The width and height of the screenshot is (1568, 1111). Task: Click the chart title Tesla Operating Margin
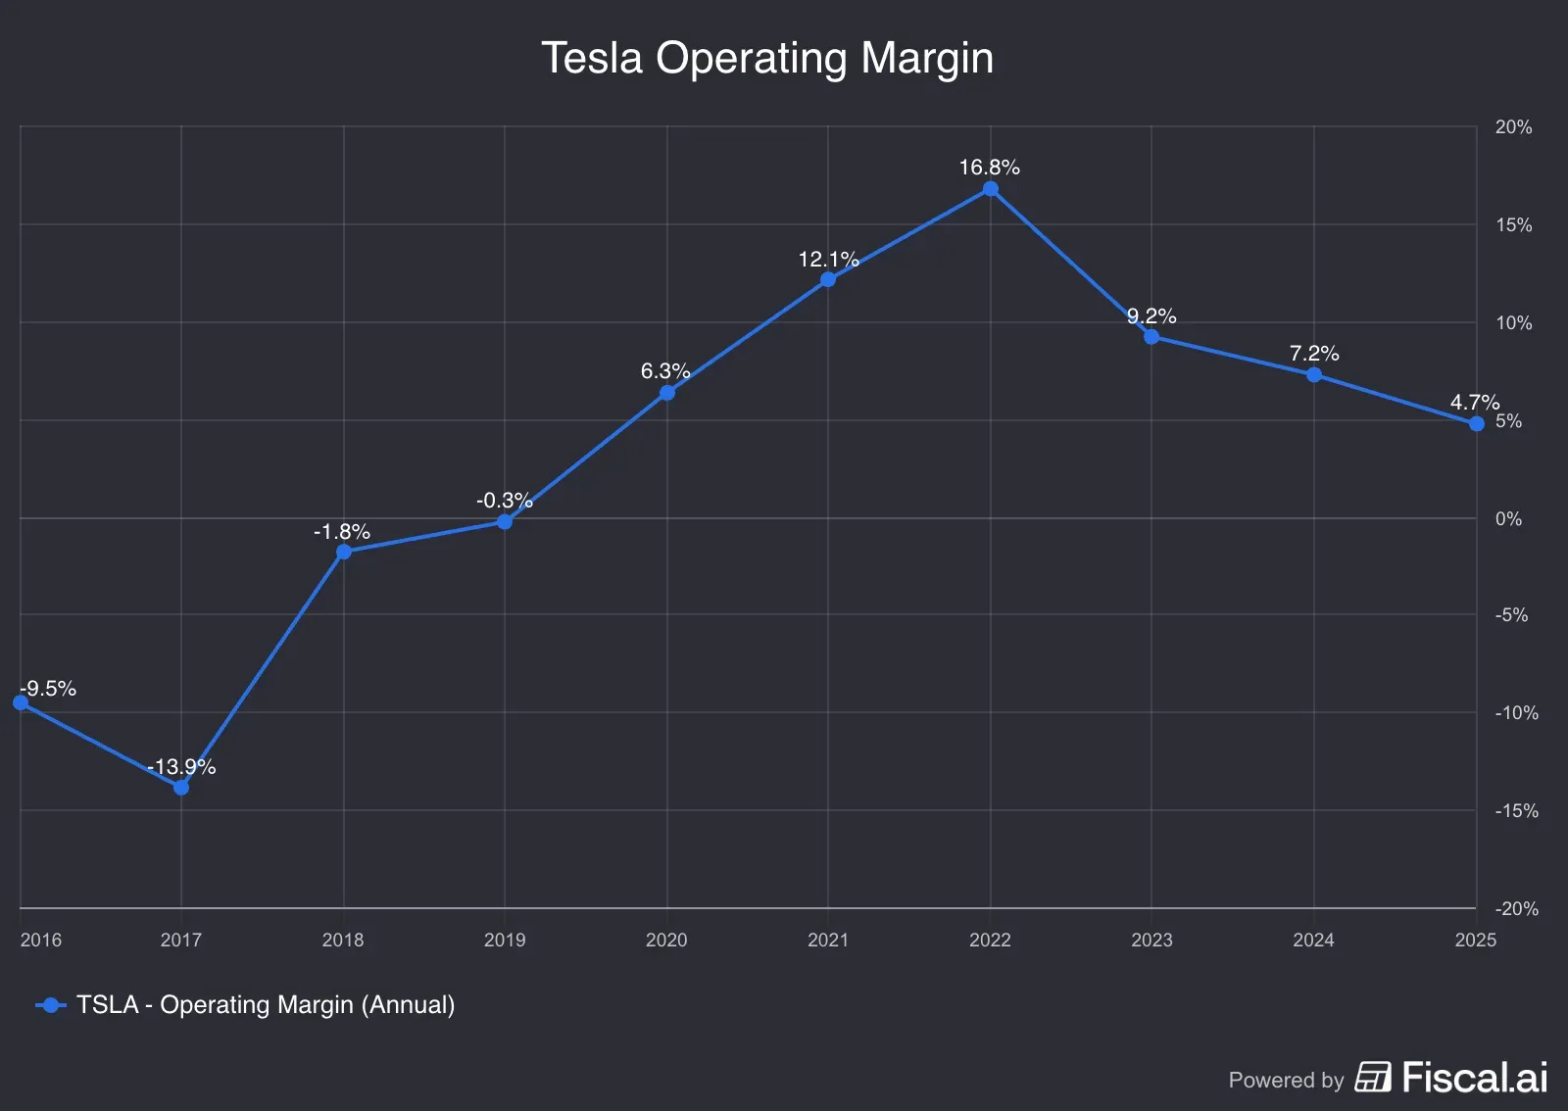coord(767,58)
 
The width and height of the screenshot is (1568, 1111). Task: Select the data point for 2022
coord(990,189)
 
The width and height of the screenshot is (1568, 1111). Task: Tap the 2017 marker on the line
coord(181,788)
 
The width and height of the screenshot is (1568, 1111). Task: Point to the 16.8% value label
coord(989,168)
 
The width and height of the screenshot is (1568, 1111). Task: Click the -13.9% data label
coord(181,767)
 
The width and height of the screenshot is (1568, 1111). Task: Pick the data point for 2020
coord(666,393)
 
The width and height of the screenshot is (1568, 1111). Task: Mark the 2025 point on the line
coord(1476,424)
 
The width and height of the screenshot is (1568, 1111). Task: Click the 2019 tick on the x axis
coord(505,940)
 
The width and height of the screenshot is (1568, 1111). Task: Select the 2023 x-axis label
coord(1151,940)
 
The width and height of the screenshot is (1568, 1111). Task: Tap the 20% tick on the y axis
coord(1513,127)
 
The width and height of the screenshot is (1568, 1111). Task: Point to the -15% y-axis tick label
coord(1516,810)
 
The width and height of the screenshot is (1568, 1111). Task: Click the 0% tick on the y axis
coord(1508,518)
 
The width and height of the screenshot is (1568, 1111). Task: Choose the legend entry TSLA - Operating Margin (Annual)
coord(265,1005)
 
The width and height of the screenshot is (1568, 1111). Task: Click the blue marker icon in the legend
coord(51,1005)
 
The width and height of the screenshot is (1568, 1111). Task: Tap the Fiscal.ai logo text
coord(1474,1078)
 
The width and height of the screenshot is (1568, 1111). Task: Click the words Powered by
coord(1286,1080)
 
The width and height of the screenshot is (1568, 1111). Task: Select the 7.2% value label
coord(1313,354)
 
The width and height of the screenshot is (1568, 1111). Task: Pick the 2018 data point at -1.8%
coord(343,552)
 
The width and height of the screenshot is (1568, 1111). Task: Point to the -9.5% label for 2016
coord(48,689)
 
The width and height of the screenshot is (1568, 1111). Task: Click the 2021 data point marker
coord(828,280)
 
